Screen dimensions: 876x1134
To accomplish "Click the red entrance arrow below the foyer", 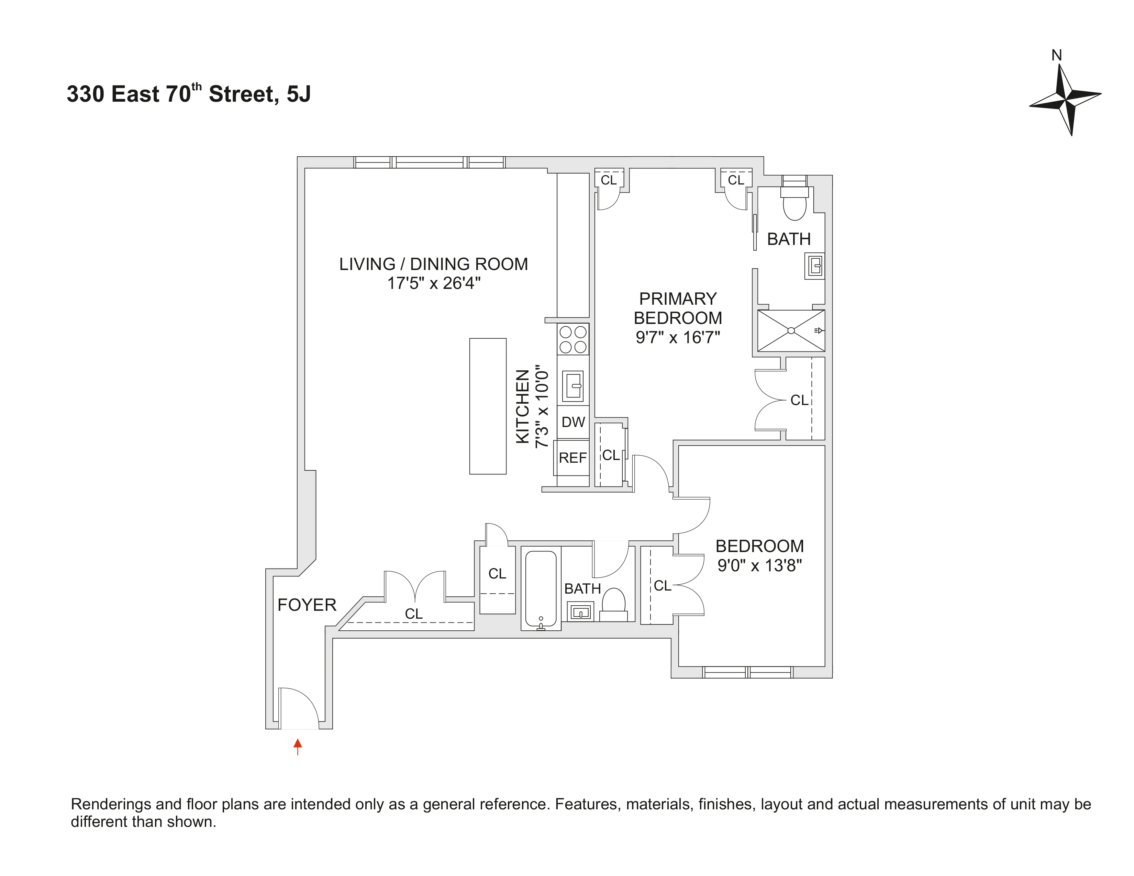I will (298, 746).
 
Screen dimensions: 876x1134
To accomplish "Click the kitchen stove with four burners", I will (573, 339).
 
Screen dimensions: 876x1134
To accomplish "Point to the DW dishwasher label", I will (573, 422).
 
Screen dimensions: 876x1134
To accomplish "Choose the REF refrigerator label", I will (572, 458).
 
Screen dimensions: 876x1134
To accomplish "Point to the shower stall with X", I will (790, 330).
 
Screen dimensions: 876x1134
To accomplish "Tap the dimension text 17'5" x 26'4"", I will (434, 283).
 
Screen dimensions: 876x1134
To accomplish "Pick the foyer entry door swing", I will (299, 708).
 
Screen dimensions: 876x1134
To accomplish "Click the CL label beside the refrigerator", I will (611, 455).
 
